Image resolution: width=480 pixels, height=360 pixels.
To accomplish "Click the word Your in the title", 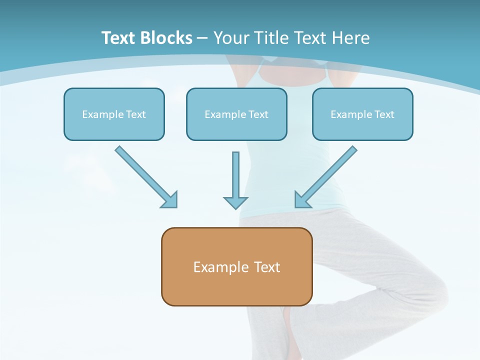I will (231, 38).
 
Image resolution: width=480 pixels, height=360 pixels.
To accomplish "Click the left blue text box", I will (114, 114).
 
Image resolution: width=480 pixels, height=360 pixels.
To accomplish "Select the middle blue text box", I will (236, 114).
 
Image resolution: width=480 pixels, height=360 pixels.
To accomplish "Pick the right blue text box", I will (362, 114).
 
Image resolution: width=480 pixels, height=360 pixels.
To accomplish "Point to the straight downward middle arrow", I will (235, 175).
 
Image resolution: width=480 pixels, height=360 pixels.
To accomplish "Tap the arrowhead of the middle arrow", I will (235, 202).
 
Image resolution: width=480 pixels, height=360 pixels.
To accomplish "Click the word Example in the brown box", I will (217, 267).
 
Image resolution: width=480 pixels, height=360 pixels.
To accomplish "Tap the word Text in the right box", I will (384, 114).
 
